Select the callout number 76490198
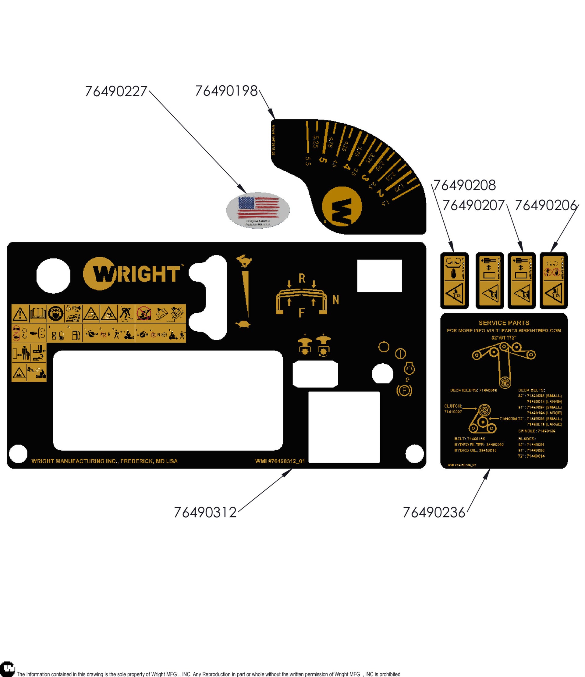[226, 91]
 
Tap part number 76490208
[465, 186]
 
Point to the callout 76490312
[205, 512]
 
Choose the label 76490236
[434, 512]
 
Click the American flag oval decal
[258, 210]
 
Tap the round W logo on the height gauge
[342, 206]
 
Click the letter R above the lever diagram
[302, 279]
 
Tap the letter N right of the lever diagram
[335, 300]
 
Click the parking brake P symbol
[404, 391]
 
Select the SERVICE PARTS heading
[504, 323]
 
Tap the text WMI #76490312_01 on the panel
[280, 461]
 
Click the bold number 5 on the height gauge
[322, 160]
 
